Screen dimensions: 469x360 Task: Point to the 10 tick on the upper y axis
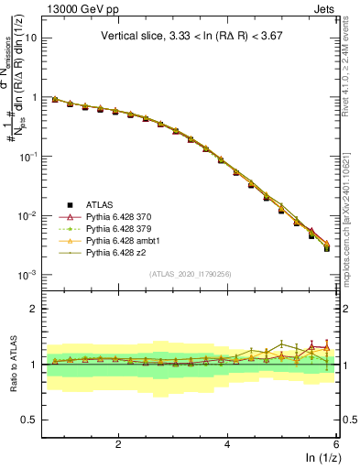(31, 38)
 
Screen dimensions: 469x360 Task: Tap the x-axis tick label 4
(227, 444)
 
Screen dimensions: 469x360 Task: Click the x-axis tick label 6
(336, 444)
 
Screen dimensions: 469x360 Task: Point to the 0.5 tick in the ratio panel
(29, 420)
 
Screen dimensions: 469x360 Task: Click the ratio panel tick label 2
(34, 309)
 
